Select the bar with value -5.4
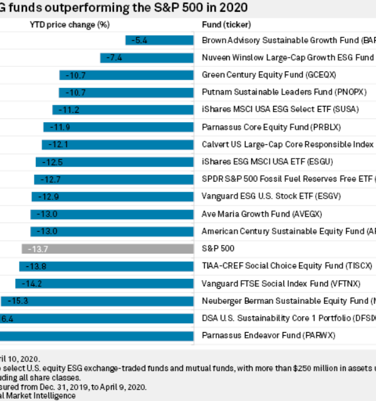coord(159,40)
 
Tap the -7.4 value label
coord(114,58)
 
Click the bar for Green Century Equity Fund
coord(127,75)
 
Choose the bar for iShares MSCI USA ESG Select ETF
coord(123,110)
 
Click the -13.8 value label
coord(35,266)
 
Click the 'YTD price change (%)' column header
coord(65,25)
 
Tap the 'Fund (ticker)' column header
coord(226,25)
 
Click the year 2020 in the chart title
coord(233,8)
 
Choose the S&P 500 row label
coord(218,249)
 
